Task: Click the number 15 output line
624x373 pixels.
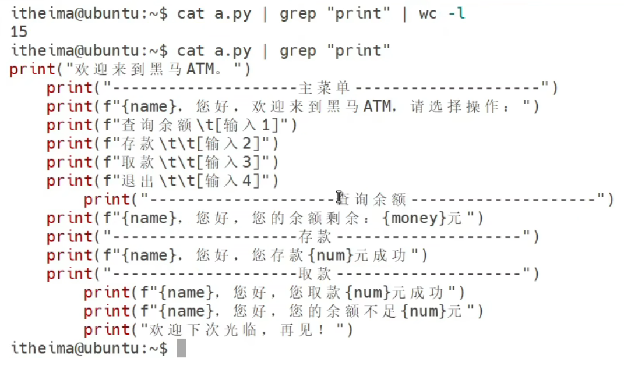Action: click(x=19, y=31)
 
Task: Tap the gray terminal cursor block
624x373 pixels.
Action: click(x=181, y=348)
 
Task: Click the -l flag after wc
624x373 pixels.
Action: click(x=456, y=13)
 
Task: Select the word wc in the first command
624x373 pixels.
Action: click(x=428, y=13)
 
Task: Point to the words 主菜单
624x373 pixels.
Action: click(x=324, y=88)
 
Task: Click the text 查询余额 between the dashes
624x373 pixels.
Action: click(x=373, y=200)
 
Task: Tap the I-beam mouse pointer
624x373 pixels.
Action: click(x=339, y=197)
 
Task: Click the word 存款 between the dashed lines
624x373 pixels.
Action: click(x=315, y=237)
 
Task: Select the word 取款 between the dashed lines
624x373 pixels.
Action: click(x=315, y=274)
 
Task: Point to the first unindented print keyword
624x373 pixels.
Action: click(x=32, y=69)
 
